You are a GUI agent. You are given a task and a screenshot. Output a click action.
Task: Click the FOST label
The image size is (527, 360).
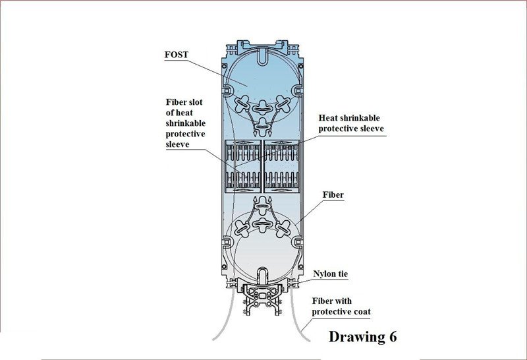pos(177,55)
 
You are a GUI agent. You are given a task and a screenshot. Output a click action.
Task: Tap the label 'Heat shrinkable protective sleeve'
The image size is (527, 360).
pos(351,123)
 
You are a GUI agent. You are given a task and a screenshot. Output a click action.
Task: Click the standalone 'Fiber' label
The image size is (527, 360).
pos(333,195)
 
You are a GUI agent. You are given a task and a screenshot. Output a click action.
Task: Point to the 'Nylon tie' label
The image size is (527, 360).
pos(331,274)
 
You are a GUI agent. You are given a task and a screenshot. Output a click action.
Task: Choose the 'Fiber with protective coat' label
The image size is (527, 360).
pos(341,306)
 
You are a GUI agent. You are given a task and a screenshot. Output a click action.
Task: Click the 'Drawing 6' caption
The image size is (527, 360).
pos(363,336)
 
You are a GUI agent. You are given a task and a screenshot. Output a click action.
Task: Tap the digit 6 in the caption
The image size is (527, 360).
pos(393,336)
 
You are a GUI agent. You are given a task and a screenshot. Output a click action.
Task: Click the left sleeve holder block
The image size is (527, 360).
pos(242,166)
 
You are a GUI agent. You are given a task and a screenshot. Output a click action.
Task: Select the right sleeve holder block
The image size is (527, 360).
pos(282,166)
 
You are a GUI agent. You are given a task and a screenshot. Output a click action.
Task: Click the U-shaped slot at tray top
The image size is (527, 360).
pos(263,57)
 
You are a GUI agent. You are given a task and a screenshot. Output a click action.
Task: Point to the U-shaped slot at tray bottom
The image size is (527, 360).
pos(263,276)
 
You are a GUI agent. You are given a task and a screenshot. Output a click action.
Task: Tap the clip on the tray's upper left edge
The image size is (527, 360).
pos(227,90)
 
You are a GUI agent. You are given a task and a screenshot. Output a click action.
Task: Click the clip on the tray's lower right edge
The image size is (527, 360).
pos(297,241)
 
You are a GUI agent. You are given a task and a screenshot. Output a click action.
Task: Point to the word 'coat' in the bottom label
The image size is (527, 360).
pos(361,312)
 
